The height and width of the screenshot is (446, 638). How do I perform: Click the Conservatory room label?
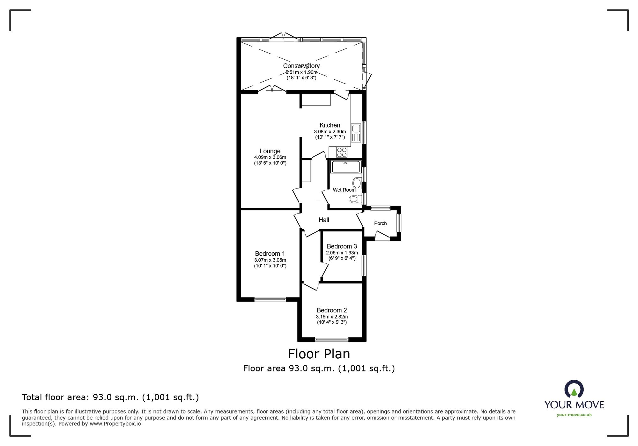point(301,66)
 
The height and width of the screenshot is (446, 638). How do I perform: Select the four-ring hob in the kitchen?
point(342,152)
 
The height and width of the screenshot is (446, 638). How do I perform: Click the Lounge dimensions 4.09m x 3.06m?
point(270,157)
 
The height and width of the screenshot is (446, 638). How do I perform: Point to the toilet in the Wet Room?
point(354,199)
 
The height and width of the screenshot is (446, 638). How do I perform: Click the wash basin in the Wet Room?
point(357,183)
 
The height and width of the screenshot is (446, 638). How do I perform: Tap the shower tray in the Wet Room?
point(345,167)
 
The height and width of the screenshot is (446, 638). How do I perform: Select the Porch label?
point(380,223)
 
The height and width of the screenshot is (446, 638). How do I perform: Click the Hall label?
point(324,220)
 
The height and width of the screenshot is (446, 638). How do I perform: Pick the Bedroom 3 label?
point(342,246)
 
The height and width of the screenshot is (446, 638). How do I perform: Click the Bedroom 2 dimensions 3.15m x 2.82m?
point(332,317)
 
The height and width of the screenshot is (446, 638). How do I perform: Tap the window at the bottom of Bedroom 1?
point(270,299)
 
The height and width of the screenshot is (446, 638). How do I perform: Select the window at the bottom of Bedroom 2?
point(332,339)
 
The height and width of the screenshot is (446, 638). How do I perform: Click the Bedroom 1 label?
point(270,253)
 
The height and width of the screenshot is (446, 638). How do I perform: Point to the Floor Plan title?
point(319,354)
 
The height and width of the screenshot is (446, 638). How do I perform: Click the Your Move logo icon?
point(574,389)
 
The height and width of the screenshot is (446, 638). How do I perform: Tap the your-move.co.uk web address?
point(574,415)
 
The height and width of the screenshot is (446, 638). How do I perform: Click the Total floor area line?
point(110,397)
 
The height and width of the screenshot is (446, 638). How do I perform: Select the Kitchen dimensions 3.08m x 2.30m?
point(330,131)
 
